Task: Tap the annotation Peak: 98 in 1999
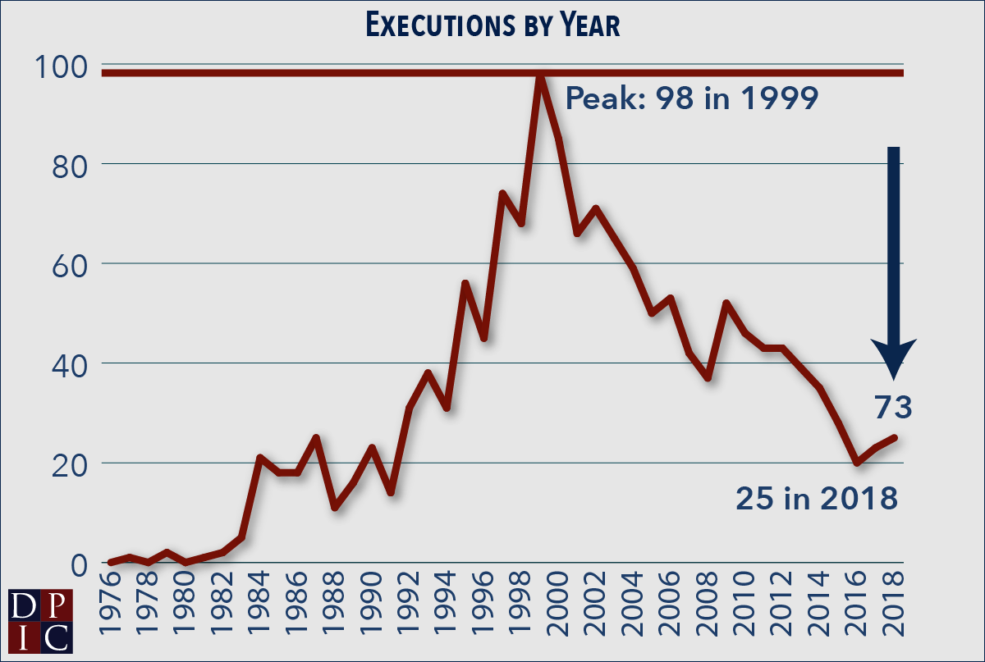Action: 692,100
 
